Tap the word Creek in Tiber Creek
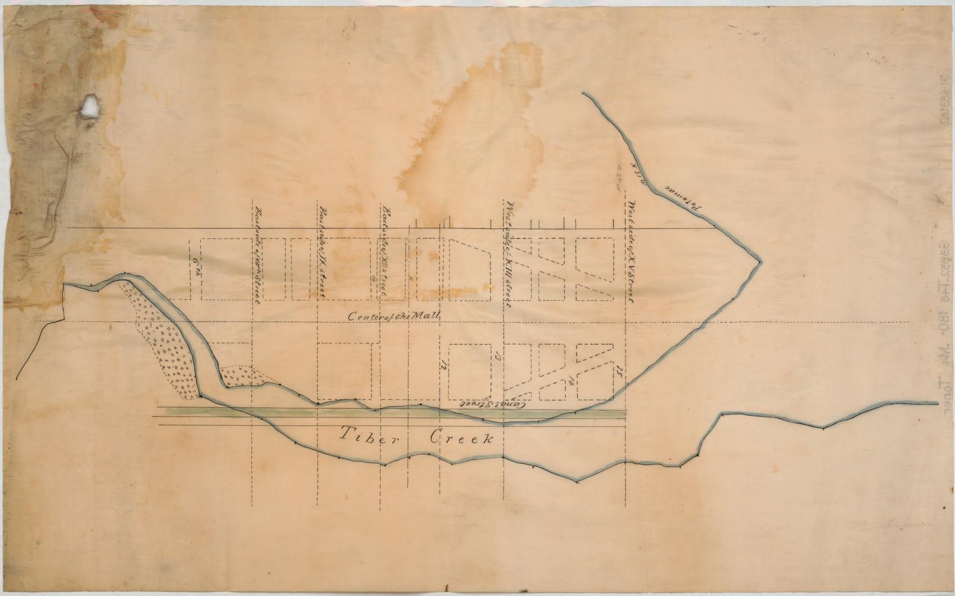click(460, 439)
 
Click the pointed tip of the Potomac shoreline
click(759, 260)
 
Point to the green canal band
click(385, 413)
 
